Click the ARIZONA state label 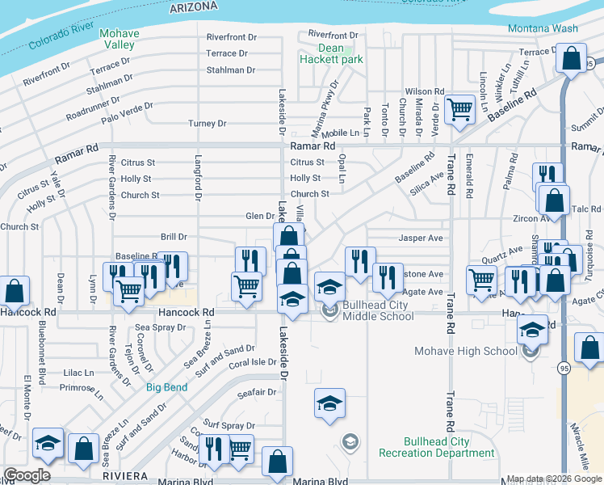click(x=194, y=6)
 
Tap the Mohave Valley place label click(x=118, y=40)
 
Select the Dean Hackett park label click(x=331, y=53)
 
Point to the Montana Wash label click(x=543, y=29)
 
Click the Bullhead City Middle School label click(x=378, y=310)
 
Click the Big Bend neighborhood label click(x=167, y=387)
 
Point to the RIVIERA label click(x=124, y=476)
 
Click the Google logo click(x=27, y=475)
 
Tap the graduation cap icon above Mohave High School click(x=532, y=329)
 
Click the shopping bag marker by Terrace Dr click(x=571, y=59)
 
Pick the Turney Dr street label click(x=207, y=124)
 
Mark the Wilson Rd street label click(x=425, y=92)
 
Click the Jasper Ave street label click(x=421, y=238)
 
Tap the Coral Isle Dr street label click(x=252, y=363)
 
